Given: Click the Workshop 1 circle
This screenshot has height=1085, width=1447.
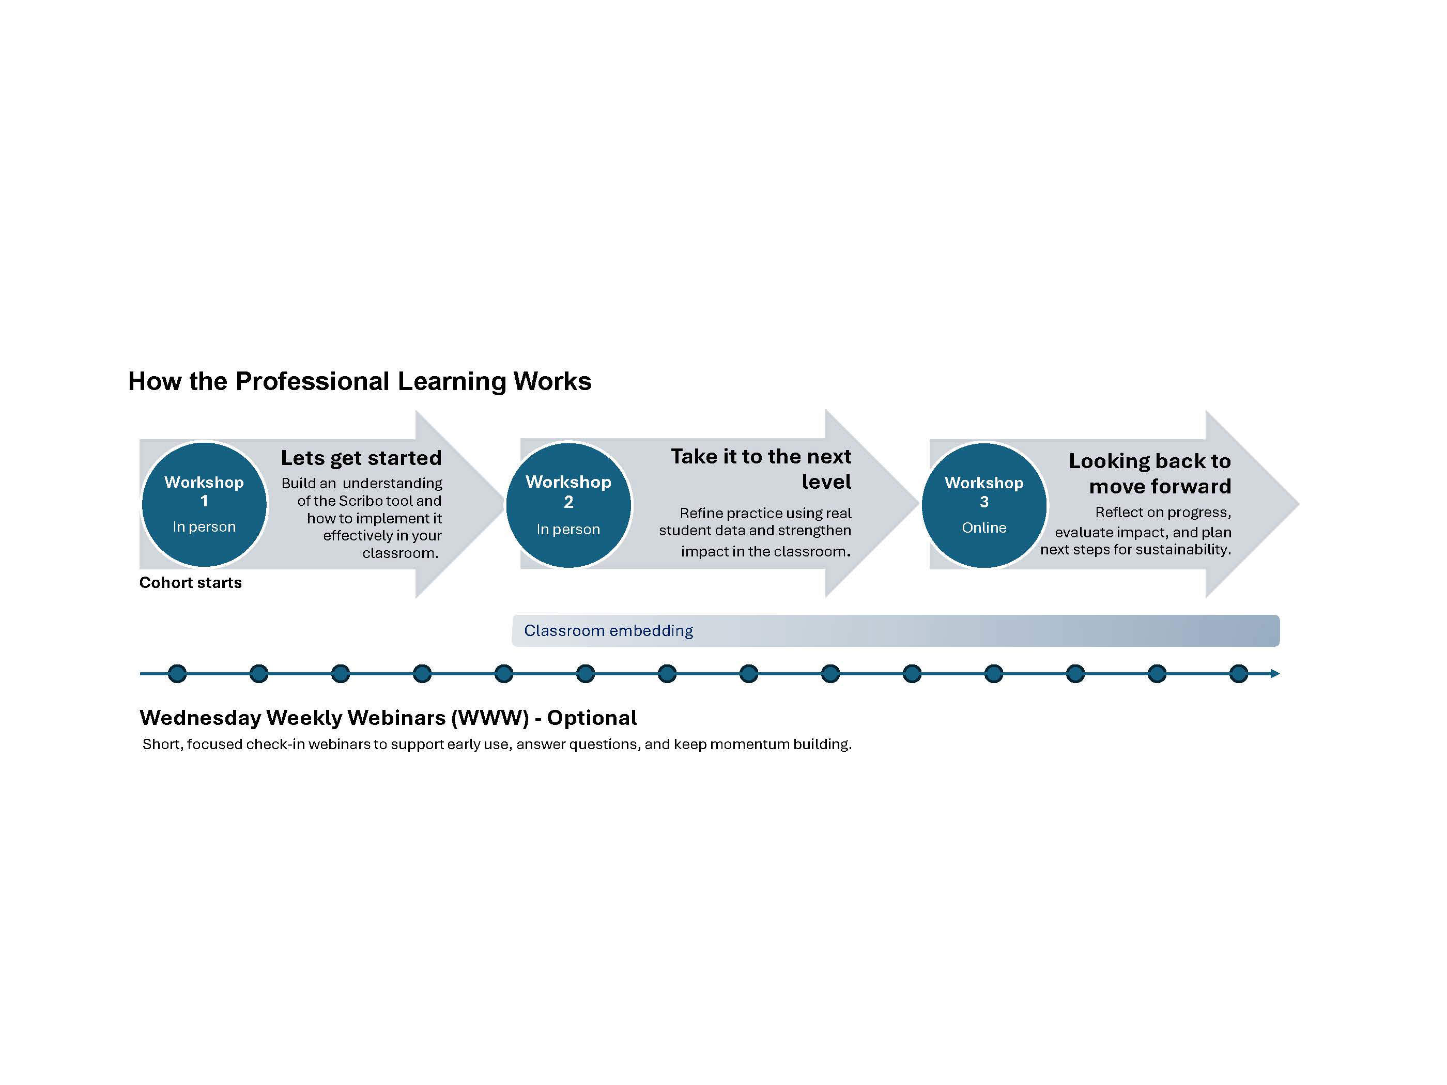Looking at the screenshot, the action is pyautogui.click(x=204, y=504).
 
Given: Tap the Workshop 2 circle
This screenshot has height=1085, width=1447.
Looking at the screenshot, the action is pyautogui.click(x=568, y=505).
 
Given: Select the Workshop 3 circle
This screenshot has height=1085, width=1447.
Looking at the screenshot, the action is pyautogui.click(x=984, y=505).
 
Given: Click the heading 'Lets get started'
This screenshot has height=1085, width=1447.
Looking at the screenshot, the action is pyautogui.click(x=361, y=458).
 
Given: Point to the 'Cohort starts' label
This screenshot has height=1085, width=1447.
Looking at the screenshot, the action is pyautogui.click(x=190, y=583).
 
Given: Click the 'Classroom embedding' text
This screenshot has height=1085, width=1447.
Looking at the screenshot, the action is pyautogui.click(x=608, y=630).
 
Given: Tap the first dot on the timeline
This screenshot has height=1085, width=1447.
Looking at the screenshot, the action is pyautogui.click(x=177, y=674).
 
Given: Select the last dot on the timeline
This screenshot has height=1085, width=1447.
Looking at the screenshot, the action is pyautogui.click(x=1238, y=674).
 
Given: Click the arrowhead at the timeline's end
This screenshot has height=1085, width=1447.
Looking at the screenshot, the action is pyautogui.click(x=1275, y=674).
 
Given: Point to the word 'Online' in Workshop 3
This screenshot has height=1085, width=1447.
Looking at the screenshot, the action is pyautogui.click(x=984, y=528).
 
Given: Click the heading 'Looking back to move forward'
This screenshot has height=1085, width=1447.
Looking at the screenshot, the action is pyautogui.click(x=1150, y=473).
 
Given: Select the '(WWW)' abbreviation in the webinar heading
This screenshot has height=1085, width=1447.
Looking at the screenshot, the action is pyautogui.click(x=490, y=718).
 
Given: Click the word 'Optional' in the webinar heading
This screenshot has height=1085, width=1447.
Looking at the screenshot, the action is pyautogui.click(x=592, y=718).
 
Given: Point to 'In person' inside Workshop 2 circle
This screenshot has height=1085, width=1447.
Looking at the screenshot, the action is pyautogui.click(x=568, y=529).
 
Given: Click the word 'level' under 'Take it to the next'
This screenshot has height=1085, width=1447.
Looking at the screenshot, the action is pyautogui.click(x=827, y=482).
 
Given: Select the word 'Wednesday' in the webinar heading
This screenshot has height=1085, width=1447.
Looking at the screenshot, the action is pyautogui.click(x=200, y=718).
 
